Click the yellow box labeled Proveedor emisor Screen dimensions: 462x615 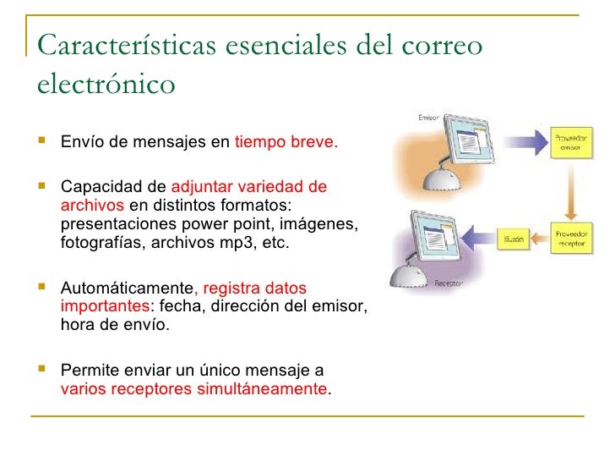[572, 142]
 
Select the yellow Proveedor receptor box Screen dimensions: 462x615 [572, 238]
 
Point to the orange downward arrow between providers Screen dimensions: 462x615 [572, 190]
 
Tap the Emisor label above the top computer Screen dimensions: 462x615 [429, 118]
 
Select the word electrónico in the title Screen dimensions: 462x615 [106, 85]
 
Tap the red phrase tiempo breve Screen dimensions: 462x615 [286, 142]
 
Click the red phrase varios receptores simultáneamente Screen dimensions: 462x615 [194, 389]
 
